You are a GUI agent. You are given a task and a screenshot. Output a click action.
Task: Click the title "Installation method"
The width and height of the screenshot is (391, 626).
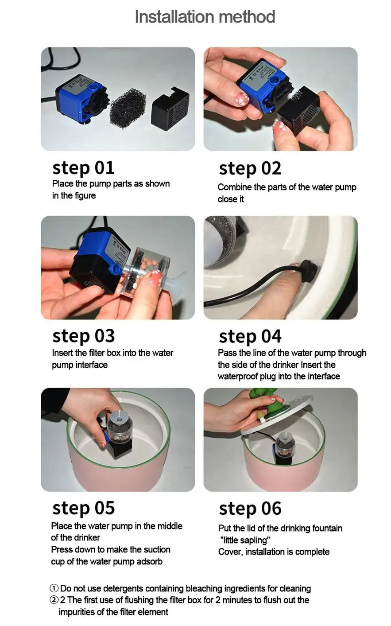tap(205, 17)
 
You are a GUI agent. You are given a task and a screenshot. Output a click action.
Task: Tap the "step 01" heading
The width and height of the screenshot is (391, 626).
tap(83, 168)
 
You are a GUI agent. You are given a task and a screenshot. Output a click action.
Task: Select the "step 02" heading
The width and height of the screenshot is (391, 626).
tap(250, 169)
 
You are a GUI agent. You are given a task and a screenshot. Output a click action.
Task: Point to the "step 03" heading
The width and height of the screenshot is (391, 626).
tap(83, 336)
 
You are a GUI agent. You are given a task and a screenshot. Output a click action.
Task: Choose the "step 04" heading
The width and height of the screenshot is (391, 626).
tap(250, 337)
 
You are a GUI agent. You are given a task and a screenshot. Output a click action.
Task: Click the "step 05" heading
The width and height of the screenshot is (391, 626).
tap(83, 508)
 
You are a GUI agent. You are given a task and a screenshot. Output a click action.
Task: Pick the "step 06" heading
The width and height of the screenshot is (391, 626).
tap(250, 509)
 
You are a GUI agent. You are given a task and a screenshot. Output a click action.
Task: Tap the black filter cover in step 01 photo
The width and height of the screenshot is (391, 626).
tap(170, 109)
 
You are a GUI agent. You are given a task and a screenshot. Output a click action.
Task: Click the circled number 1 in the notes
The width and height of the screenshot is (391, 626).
tap(54, 588)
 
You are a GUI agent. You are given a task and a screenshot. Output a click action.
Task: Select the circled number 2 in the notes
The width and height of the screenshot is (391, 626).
tap(54, 600)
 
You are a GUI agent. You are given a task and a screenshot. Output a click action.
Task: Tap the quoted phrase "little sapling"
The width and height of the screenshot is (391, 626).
tap(245, 540)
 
